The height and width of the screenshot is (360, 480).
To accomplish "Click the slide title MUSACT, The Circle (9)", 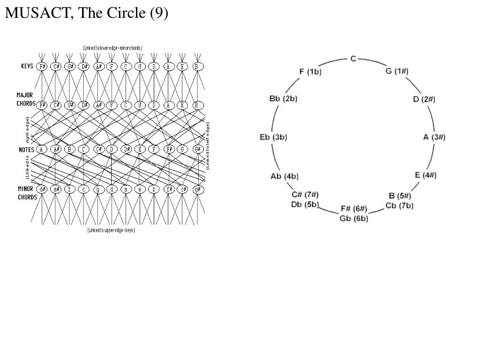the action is pyautogui.click(x=86, y=13).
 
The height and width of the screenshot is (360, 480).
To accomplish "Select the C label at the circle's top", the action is pyautogui.click(x=353, y=59).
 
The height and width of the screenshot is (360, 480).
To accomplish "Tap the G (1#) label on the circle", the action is pyautogui.click(x=397, y=71).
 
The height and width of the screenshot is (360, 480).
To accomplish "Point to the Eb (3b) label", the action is pyautogui.click(x=273, y=137).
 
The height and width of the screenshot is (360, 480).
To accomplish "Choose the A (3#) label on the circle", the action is pyautogui.click(x=434, y=137).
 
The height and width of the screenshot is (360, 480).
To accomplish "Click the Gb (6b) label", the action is pyautogui.click(x=354, y=218).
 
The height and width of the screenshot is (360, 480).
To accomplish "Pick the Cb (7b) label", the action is pyautogui.click(x=399, y=205).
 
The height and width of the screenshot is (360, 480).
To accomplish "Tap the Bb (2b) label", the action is pyautogui.click(x=284, y=98).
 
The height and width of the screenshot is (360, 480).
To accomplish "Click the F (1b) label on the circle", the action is pyautogui.click(x=310, y=71).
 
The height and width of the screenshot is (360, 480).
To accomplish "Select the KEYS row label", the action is pyautogui.click(x=27, y=66).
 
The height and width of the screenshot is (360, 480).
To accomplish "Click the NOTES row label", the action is pyautogui.click(x=26, y=150).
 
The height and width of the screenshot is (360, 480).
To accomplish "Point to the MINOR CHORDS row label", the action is pyautogui.click(x=27, y=193).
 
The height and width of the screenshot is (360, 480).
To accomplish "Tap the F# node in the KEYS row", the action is pyautogui.click(x=43, y=67).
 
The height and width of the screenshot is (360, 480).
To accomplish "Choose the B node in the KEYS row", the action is pyautogui.click(x=198, y=67).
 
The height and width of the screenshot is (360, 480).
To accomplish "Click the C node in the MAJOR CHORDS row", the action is pyautogui.click(x=126, y=105).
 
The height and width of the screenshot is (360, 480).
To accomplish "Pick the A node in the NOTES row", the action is pyautogui.click(x=42, y=150).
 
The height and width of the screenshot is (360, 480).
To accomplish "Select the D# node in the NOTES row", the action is pyautogui.click(x=126, y=150).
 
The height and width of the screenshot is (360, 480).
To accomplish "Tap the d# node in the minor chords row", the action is pyautogui.click(x=43, y=189).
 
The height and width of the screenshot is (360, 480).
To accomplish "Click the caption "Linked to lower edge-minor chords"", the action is pyautogui.click(x=112, y=48).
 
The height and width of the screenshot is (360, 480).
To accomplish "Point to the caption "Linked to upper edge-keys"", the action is pyautogui.click(x=111, y=230).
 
